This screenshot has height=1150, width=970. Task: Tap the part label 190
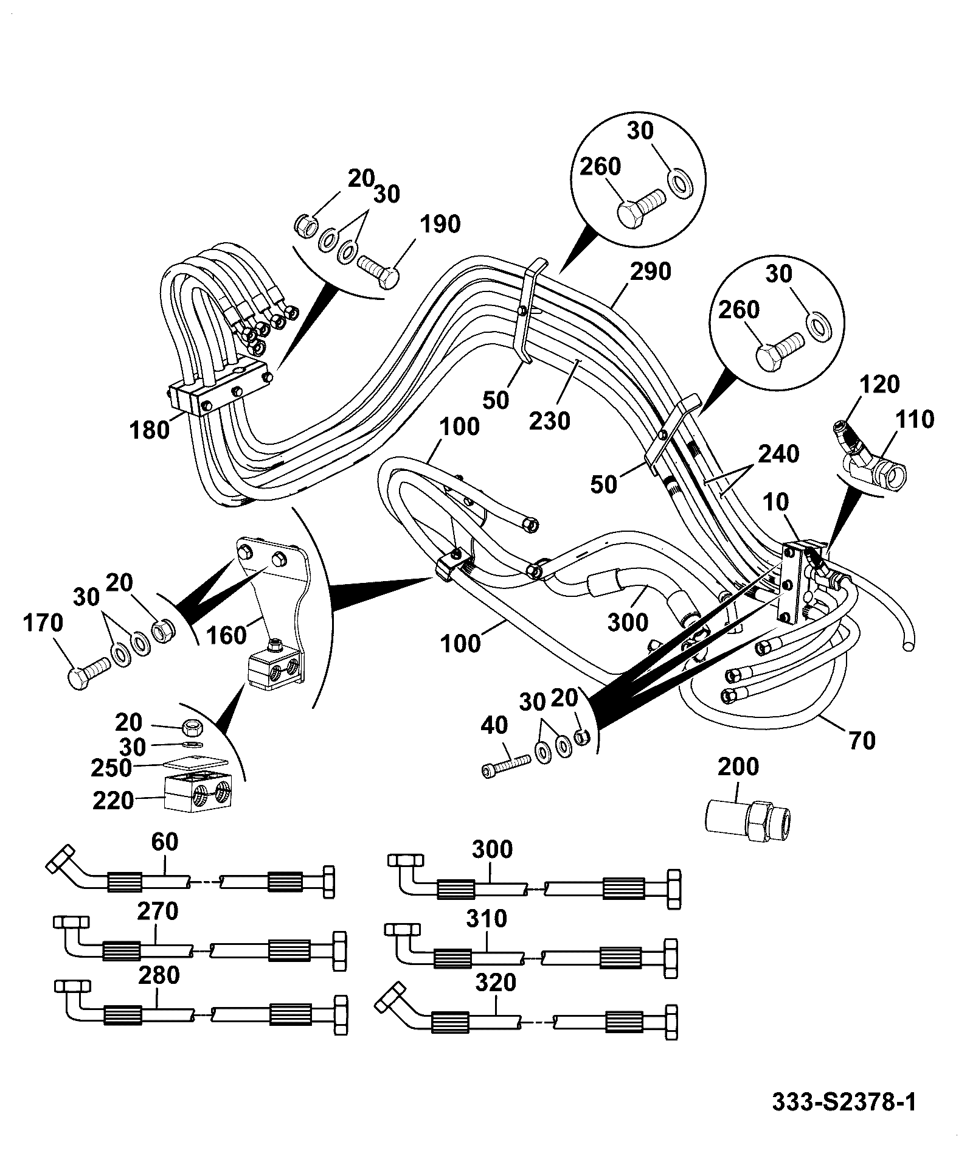(440, 225)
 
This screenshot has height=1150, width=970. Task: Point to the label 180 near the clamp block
(149, 430)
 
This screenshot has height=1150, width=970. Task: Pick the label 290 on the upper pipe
(650, 271)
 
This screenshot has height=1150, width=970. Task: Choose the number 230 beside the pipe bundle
(550, 420)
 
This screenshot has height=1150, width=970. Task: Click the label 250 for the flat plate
(111, 768)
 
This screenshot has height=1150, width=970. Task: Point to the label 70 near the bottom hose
(861, 740)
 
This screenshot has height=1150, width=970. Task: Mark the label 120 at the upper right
(879, 384)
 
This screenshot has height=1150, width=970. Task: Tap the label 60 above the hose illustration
(164, 842)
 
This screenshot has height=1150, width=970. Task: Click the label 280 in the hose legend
(159, 975)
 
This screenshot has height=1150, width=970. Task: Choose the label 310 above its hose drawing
(487, 918)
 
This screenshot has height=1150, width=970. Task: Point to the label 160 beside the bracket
(226, 635)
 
